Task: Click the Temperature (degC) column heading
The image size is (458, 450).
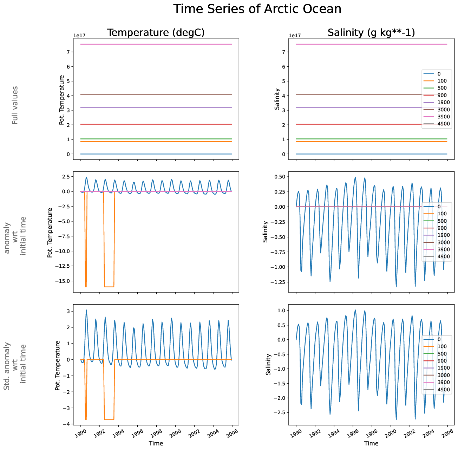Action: [156, 33]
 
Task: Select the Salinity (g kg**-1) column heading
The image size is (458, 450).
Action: [371, 33]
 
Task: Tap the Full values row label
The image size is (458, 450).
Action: [15, 105]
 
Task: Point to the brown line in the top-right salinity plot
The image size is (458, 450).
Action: [351, 94]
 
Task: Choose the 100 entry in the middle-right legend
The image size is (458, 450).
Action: [442, 214]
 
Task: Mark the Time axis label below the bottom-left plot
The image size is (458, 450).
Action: [156, 443]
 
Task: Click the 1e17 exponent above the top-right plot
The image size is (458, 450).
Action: [295, 35]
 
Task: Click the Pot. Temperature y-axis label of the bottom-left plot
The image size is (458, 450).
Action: [58, 365]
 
